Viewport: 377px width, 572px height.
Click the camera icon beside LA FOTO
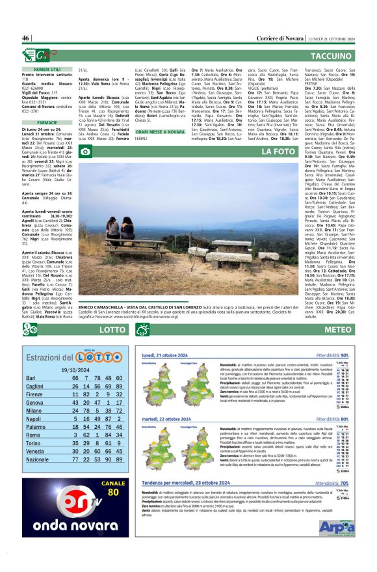pyautogui.click(x=85, y=152)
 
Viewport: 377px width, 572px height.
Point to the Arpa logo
pyautogui.click(x=337, y=527)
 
